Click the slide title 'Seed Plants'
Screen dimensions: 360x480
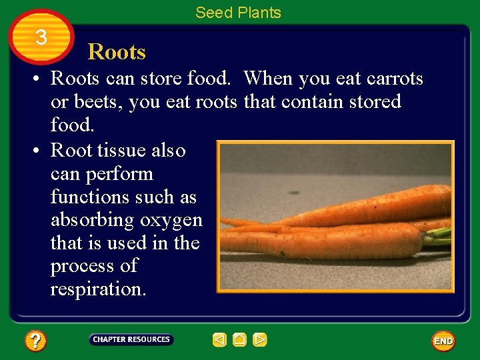pos(238,13)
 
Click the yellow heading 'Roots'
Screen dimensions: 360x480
pos(117,52)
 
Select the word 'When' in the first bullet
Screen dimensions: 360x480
pos(268,79)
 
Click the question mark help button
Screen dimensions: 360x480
pos(35,341)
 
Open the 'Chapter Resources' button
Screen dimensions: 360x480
pos(131,340)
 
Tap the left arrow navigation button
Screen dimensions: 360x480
pos(219,340)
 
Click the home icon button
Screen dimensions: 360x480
pos(239,340)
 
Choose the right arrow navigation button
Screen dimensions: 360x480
pos(260,340)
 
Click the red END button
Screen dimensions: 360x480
pos(443,341)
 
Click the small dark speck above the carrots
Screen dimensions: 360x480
pos(293,193)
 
